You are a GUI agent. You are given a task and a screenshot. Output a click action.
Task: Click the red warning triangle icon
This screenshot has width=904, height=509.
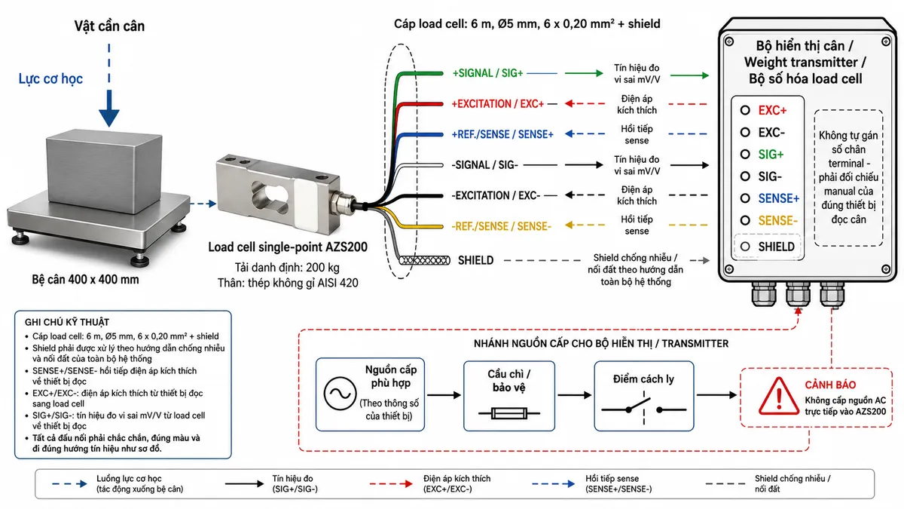coord(778,397)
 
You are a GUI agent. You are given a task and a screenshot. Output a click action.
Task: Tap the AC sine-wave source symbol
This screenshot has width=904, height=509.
coord(340,394)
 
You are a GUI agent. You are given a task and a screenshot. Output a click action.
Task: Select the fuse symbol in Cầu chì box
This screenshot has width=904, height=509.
coord(509,413)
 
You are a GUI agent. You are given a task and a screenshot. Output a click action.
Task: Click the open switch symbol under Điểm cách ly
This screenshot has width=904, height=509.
coord(643,408)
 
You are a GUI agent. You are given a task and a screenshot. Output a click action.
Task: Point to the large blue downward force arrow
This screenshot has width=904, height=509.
coord(109,109)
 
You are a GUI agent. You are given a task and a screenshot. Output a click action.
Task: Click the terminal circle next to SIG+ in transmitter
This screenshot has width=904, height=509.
coord(745,155)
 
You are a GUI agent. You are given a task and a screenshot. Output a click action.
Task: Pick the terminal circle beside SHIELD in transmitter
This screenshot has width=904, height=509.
coord(745,247)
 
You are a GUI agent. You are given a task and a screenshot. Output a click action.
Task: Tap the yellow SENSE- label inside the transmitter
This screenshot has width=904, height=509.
coord(777,220)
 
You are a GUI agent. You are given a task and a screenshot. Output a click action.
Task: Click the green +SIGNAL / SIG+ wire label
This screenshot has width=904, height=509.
coord(487,73)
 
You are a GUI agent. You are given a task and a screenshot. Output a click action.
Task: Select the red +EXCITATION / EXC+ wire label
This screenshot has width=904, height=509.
coord(498,104)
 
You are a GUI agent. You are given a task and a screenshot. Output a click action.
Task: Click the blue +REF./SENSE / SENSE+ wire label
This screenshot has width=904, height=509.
coord(502,134)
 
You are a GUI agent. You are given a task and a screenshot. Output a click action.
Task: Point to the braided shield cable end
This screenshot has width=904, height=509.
coord(424,260)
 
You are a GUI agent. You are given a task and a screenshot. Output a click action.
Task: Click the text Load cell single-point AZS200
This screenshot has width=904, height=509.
coord(287,247)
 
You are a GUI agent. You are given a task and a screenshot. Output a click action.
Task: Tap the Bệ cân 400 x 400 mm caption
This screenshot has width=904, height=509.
coord(85,279)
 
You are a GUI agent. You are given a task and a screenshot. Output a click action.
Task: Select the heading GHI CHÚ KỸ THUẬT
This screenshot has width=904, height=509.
coord(67,322)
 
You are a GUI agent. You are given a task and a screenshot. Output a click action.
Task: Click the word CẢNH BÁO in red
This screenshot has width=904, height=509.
coord(830,385)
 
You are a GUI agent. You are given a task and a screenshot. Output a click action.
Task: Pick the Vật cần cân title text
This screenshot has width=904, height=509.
coord(109,26)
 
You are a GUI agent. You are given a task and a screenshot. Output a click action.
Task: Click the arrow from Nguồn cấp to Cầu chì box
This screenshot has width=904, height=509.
coord(444,394)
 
